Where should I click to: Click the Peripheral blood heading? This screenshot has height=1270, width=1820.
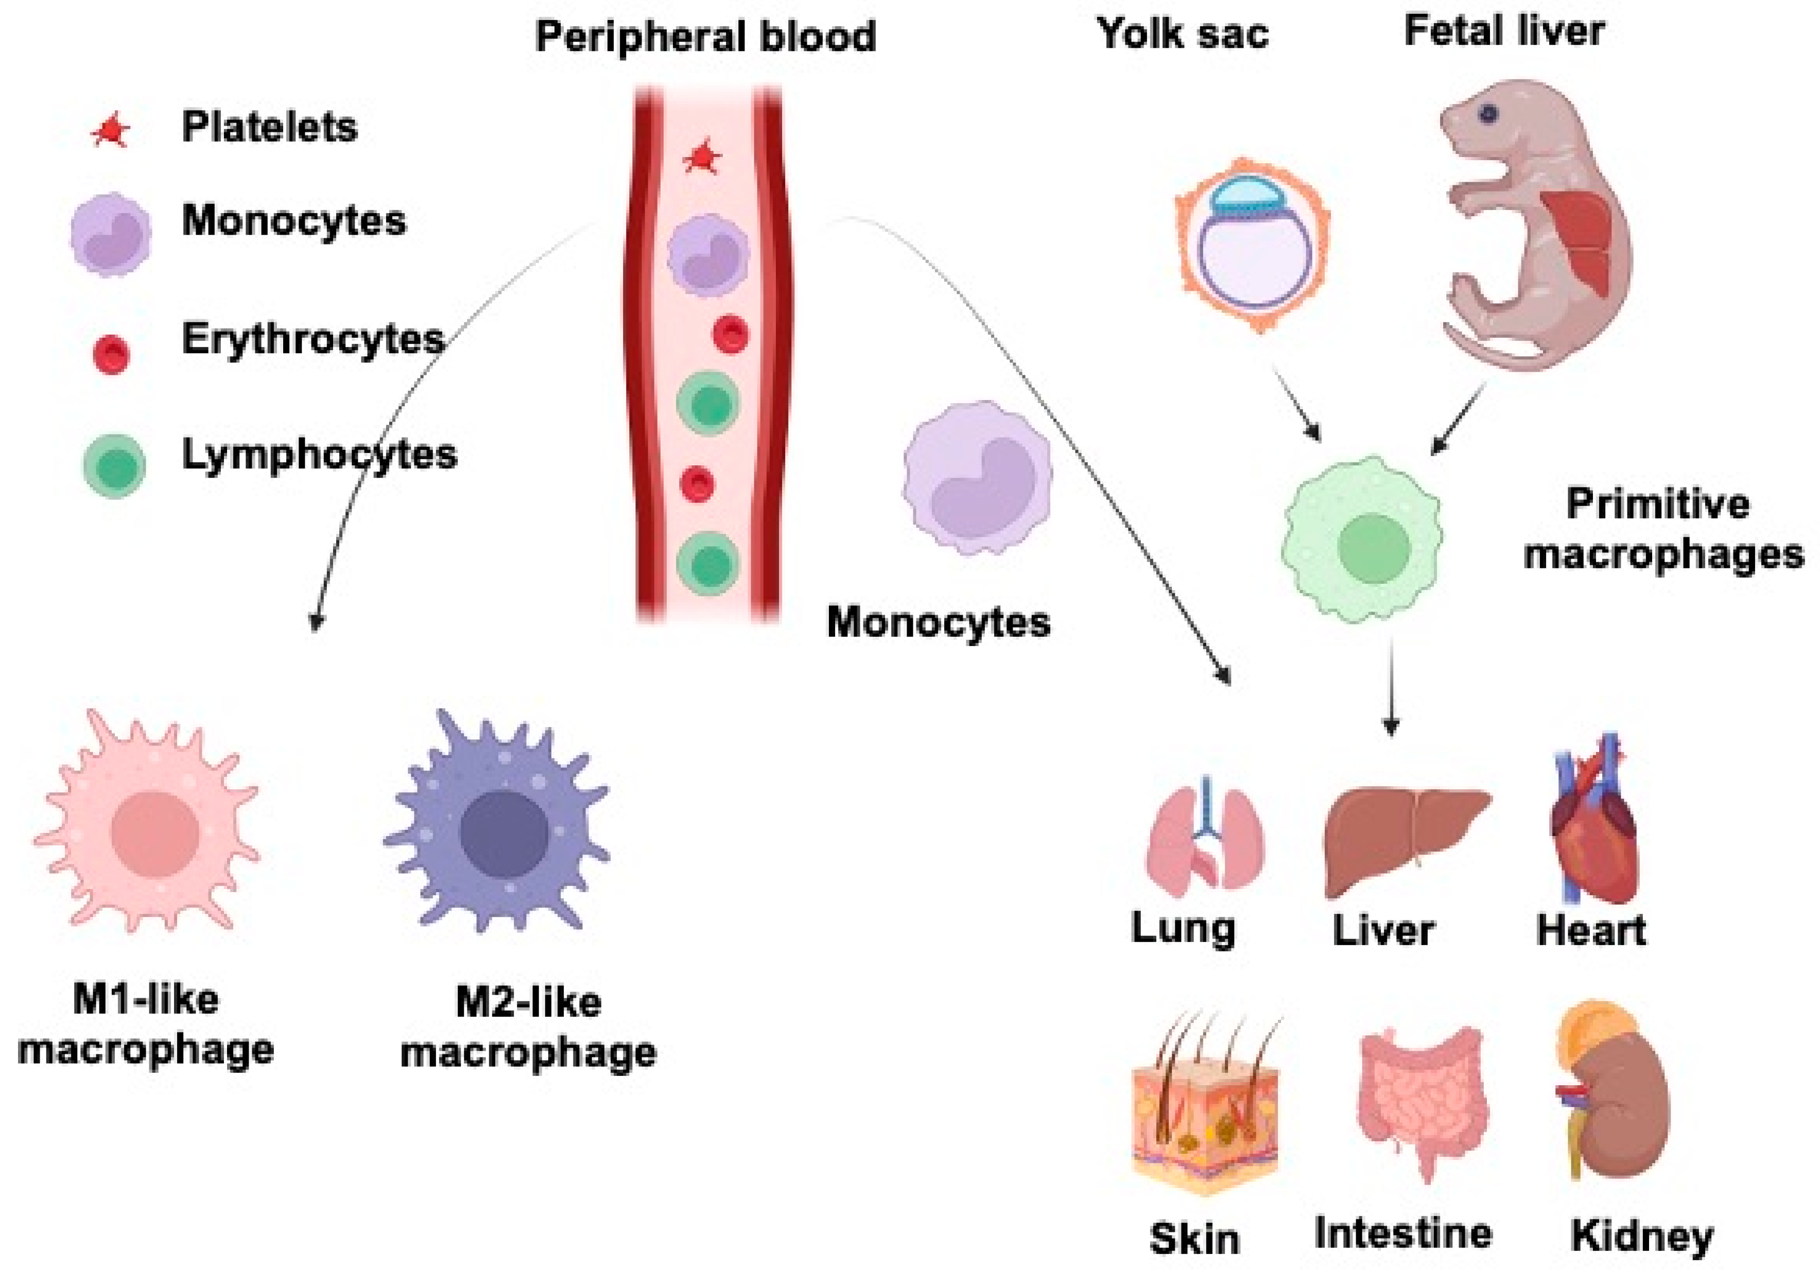[705, 37]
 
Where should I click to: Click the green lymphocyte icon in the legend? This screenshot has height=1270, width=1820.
[115, 466]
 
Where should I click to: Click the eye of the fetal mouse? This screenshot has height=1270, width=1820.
[1488, 113]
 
